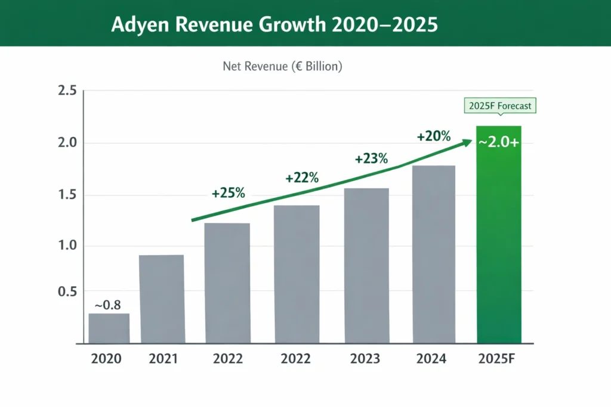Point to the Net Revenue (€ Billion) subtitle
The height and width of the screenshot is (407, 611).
282,67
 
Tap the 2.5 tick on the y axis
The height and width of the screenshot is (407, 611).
67,91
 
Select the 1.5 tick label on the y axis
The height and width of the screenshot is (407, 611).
67,195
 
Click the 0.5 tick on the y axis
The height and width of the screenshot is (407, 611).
67,292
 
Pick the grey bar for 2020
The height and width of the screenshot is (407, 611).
109,328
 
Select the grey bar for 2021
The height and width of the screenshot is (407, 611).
161,299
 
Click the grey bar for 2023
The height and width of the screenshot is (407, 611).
366,266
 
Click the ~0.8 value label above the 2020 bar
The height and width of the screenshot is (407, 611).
107,305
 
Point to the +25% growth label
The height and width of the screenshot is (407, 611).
228,194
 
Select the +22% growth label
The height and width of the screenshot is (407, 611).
301,178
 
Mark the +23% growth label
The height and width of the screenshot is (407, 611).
371,159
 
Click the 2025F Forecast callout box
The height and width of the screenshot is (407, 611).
499,107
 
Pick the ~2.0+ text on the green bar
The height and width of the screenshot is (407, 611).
499,142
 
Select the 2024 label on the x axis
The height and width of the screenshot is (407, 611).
433,359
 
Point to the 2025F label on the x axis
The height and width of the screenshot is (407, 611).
499,359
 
